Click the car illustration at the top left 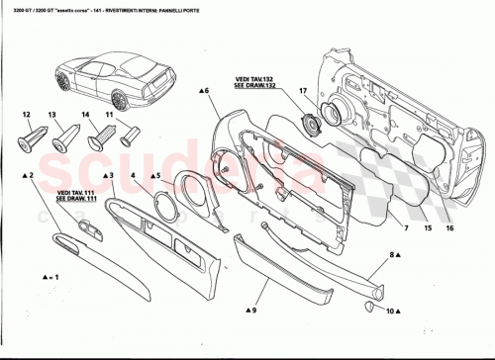coord(113,79)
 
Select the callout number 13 coord(51,116)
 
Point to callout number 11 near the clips coord(110,116)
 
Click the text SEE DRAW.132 coord(255,86)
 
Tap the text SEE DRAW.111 coord(75,198)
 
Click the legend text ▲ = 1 coord(44,279)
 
